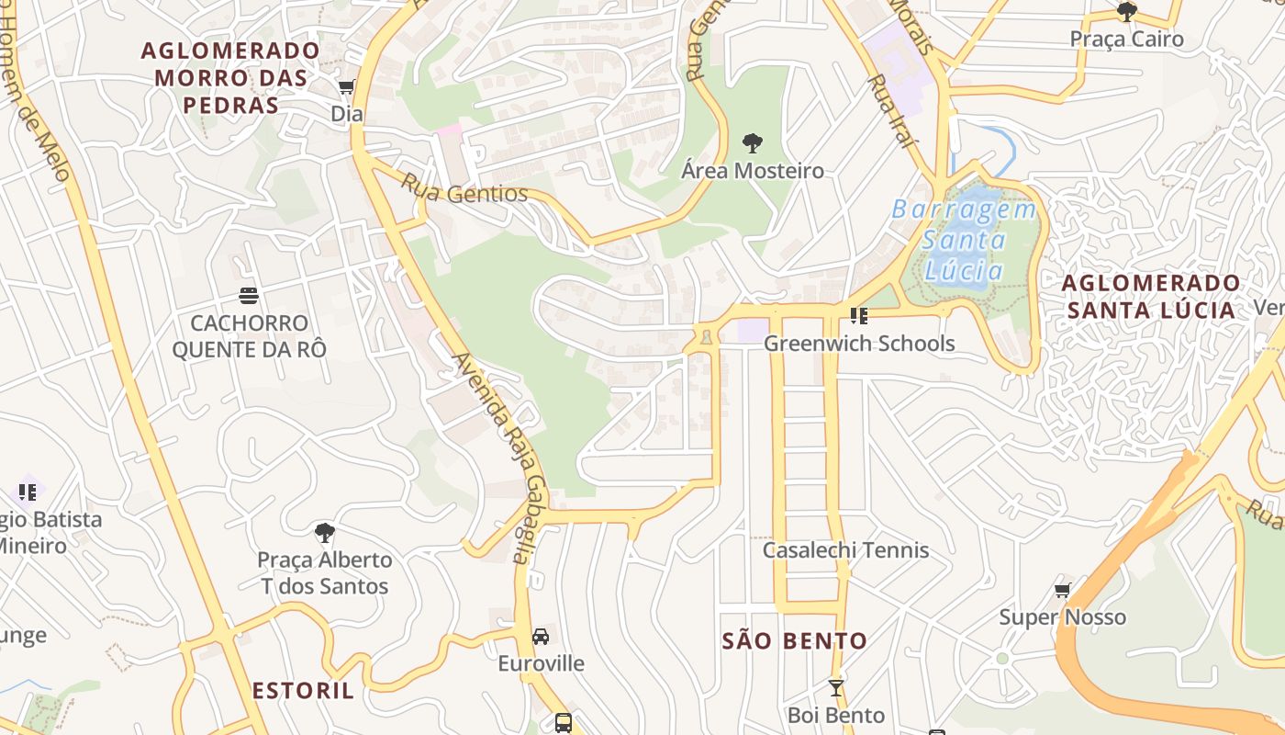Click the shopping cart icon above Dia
pos(346,87)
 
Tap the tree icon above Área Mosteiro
pos(752,143)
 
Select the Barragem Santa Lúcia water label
pos(964,240)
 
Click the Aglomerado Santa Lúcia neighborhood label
pos(1151,296)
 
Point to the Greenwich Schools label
pos(859,344)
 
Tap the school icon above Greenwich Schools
pos(859,316)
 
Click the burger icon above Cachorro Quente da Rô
pos(248,295)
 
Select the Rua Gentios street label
pos(464,188)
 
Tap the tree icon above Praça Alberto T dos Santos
pos(324,532)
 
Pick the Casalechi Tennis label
pos(845,550)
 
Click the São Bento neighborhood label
pos(795,641)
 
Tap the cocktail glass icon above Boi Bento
pos(835,687)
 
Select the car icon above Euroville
pos(541,636)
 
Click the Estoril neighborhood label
pos(303,691)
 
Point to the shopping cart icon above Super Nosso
pos(1062,590)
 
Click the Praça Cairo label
pos(1126,40)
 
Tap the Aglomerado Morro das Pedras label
pos(230,78)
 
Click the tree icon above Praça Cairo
pos(1126,12)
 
